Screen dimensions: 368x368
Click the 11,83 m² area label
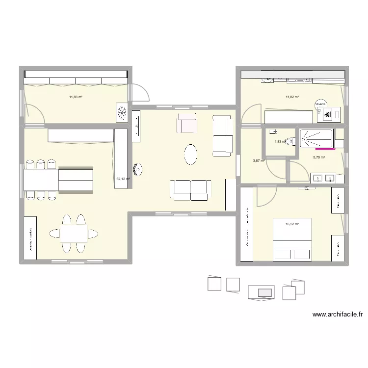[x=76, y=97]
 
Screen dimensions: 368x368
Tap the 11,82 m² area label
[x=292, y=97]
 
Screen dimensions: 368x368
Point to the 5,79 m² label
[x=319, y=158]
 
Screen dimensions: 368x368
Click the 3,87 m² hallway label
[x=259, y=160]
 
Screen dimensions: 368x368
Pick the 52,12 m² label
[x=123, y=179]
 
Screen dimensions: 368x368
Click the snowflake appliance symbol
[x=122, y=112]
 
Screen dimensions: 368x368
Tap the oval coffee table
[x=191, y=155]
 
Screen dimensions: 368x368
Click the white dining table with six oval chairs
[x=74, y=233]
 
